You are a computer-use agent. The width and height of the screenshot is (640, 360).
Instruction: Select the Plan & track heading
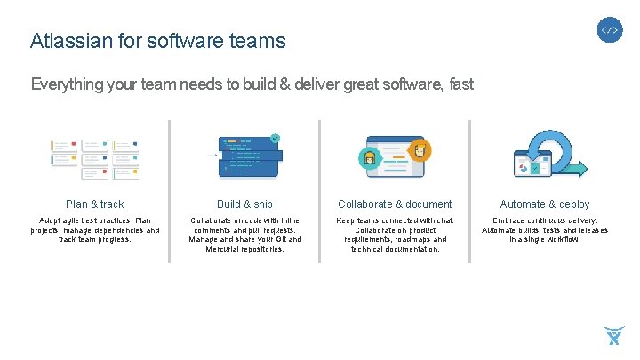[95, 204]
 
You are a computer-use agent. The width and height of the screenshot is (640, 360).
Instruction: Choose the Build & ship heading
[244, 204]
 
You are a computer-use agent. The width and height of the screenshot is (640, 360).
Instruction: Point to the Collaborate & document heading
[395, 204]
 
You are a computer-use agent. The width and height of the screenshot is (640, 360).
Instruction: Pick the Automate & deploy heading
[544, 204]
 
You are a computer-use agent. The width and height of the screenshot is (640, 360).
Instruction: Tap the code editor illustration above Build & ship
[248, 155]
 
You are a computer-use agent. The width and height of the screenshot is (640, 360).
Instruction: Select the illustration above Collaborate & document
[395, 156]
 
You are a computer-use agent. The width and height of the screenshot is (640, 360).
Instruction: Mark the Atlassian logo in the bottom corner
[613, 336]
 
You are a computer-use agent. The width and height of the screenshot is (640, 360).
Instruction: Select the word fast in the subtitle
[461, 85]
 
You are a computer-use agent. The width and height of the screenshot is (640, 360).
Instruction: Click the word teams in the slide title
[258, 41]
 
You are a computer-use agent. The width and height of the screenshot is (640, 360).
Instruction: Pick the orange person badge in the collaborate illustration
[420, 149]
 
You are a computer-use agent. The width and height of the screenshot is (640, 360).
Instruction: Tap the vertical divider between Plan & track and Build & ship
[170, 191]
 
